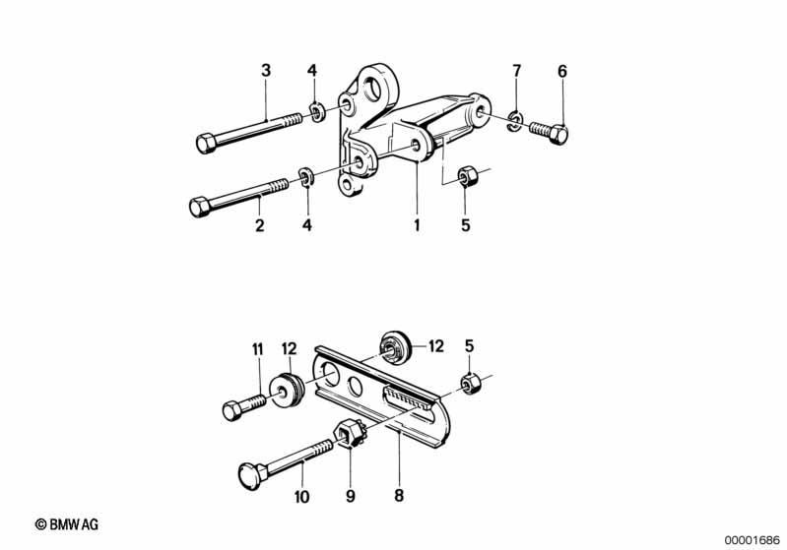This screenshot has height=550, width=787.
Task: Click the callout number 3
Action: [x=266, y=70]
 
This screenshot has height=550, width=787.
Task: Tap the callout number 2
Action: [x=259, y=225]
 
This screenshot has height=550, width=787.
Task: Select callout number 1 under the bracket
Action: [x=417, y=225]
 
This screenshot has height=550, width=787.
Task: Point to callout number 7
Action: [x=517, y=71]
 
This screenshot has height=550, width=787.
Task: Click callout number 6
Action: [x=562, y=71]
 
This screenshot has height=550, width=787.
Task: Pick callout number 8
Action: [x=399, y=495]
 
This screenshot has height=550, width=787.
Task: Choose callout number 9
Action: [x=351, y=496]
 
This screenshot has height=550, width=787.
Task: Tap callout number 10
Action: [x=301, y=497]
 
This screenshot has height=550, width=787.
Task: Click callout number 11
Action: [x=257, y=349]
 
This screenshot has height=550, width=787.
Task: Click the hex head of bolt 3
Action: [x=205, y=144]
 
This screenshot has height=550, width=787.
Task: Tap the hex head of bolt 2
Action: [x=199, y=207]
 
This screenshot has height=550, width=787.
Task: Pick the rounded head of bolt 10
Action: [x=249, y=476]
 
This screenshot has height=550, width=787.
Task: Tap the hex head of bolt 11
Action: [x=231, y=411]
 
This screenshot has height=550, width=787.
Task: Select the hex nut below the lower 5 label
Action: [x=471, y=384]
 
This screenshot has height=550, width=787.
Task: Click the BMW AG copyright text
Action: [x=67, y=524]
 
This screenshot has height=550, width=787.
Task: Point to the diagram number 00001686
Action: [x=752, y=540]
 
